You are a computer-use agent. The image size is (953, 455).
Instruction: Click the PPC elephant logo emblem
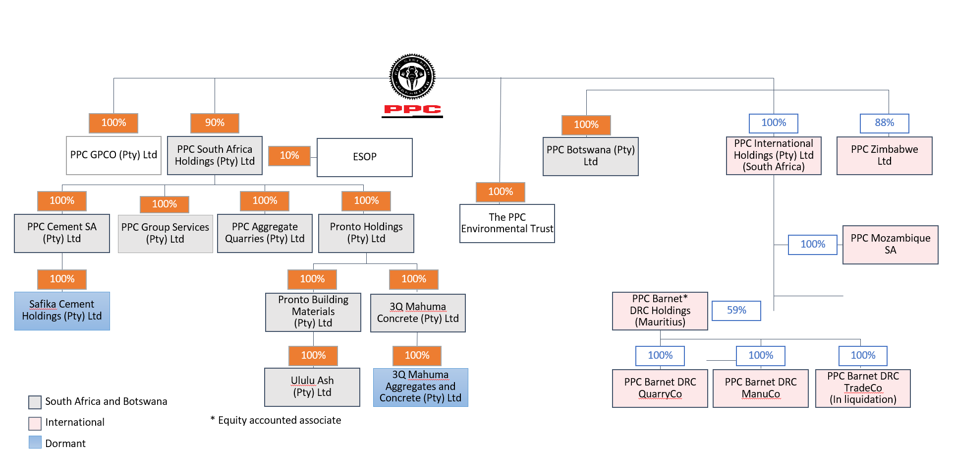pos(412,77)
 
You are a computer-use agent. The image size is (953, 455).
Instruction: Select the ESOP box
pos(365,157)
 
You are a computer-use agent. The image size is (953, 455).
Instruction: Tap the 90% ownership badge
pos(215,123)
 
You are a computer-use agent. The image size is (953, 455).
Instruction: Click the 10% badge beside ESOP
pos(289,156)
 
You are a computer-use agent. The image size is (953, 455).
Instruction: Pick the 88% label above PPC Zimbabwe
pos(885,123)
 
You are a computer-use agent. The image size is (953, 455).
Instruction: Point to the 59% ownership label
pos(736,311)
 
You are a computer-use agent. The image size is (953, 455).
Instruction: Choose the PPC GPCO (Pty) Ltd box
pos(113,155)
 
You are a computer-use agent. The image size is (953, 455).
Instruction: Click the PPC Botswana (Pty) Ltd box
pos(591,156)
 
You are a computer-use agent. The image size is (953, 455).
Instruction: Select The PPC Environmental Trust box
pos(507,223)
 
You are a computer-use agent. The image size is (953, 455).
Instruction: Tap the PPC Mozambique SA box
pos(891,245)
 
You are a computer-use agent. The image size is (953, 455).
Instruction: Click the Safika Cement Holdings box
pos(62,311)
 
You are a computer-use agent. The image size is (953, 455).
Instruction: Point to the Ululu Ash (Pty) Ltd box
pos(312,387)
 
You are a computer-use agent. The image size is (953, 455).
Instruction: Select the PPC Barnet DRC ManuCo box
pos(761,389)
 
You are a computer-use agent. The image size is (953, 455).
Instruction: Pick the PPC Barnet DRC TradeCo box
pos(863,389)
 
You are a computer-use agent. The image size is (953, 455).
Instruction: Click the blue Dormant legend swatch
pos(35,442)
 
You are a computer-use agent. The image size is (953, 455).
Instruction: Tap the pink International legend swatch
pos(35,423)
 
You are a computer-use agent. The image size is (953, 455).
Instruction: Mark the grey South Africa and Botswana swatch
pos(35,402)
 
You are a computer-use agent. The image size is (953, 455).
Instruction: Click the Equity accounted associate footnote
pos(276,420)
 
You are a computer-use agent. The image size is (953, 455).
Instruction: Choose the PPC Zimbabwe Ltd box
pos(885,156)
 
